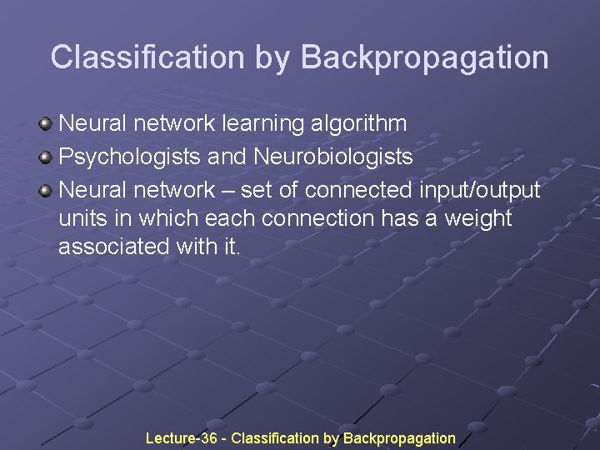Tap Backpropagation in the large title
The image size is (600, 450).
coord(424,57)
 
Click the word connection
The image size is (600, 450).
coord(322,218)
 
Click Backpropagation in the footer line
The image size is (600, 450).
coord(399,438)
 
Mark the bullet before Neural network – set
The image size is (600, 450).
coord(46,191)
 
